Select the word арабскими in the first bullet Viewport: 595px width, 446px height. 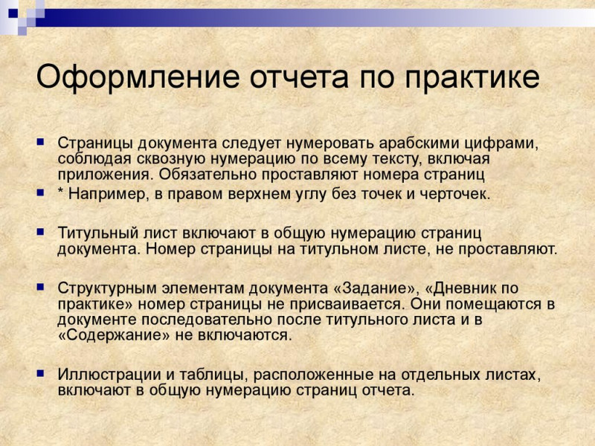point(419,143)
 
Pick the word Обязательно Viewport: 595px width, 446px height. point(208,175)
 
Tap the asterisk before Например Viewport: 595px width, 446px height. point(60,192)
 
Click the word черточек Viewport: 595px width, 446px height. point(455,194)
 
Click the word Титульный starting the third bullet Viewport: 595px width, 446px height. point(98,233)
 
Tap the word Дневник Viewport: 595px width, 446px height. point(461,288)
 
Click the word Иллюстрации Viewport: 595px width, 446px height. point(109,375)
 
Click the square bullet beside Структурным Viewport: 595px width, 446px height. point(40,287)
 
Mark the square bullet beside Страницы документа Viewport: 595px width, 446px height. point(40,143)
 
